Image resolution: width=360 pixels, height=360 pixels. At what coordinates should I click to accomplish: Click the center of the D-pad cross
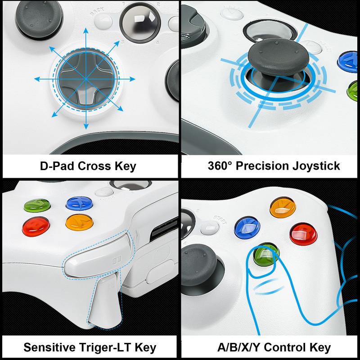[85, 78]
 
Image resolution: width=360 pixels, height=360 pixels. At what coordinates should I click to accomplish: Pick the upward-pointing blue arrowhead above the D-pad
[85, 32]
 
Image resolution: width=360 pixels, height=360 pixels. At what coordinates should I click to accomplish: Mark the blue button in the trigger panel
[78, 203]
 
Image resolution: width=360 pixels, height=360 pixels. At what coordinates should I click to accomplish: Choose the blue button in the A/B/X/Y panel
[247, 227]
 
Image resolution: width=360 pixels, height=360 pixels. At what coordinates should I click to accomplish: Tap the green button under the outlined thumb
[264, 253]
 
